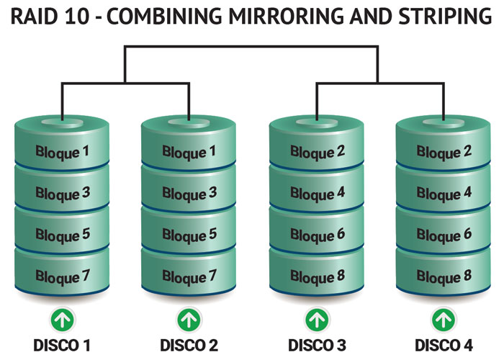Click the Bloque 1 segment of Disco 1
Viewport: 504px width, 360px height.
pyautogui.click(x=63, y=152)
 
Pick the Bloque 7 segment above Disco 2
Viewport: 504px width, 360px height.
pyautogui.click(x=189, y=276)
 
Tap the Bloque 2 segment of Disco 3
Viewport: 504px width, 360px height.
pyautogui.click(x=318, y=152)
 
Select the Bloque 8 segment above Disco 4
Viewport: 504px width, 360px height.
pyautogui.click(x=444, y=276)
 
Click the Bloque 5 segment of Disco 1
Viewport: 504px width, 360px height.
pyautogui.click(x=63, y=235)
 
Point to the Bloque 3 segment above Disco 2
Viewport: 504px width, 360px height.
pyautogui.click(x=189, y=193)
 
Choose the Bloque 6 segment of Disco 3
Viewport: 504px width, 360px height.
pyautogui.click(x=318, y=235)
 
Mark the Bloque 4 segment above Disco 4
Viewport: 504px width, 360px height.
pyautogui.click(x=444, y=193)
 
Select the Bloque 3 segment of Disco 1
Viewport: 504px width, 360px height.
pyautogui.click(x=63, y=193)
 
